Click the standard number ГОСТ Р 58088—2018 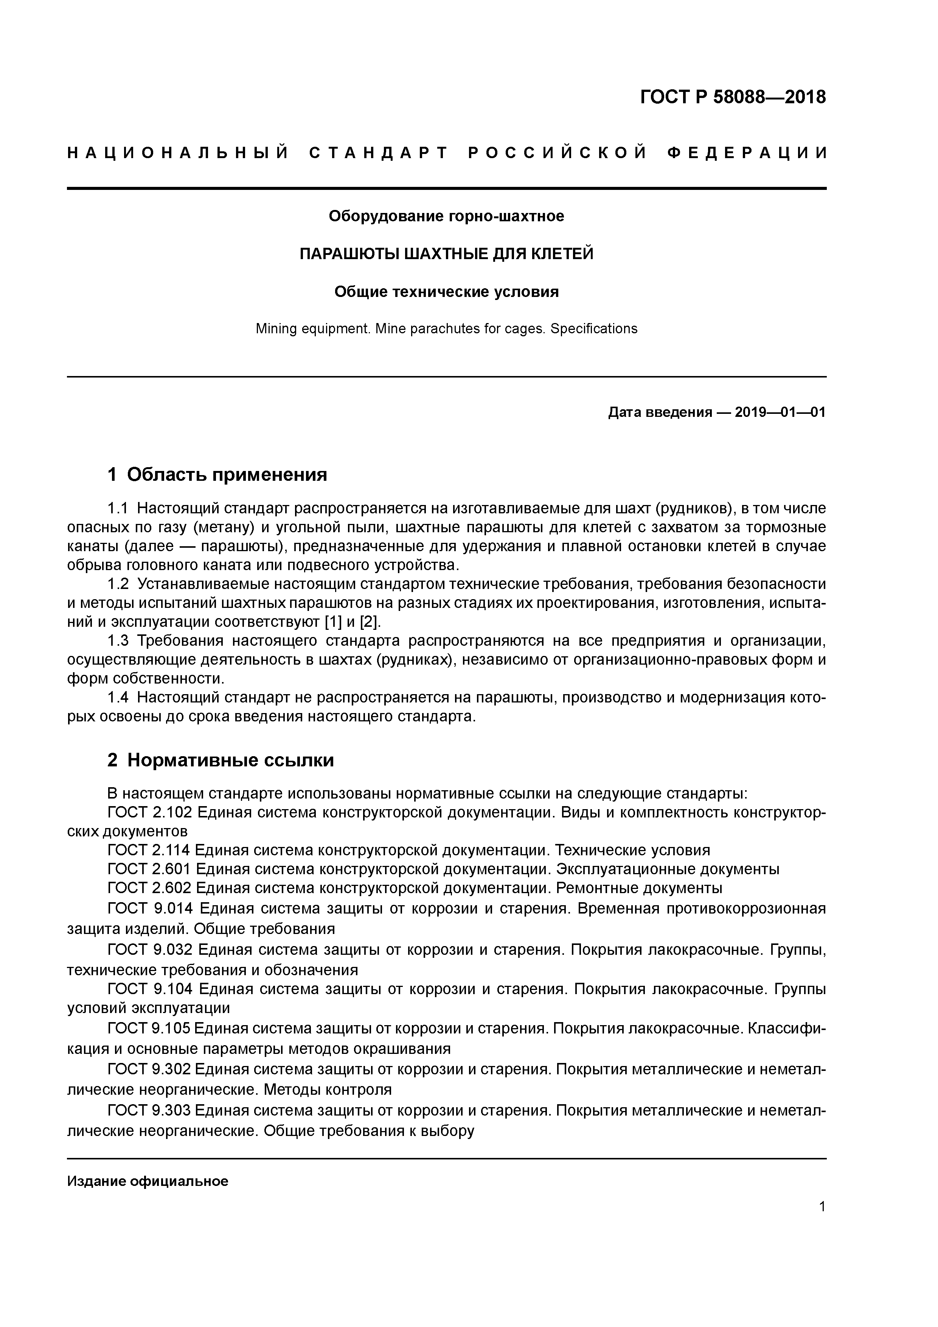pos(733,97)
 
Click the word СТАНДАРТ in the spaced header pos(379,153)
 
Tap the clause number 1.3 pos(118,641)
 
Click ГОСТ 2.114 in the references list pos(149,850)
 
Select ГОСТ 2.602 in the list pos(149,888)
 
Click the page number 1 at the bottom pos(822,1207)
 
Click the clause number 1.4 pos(118,698)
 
